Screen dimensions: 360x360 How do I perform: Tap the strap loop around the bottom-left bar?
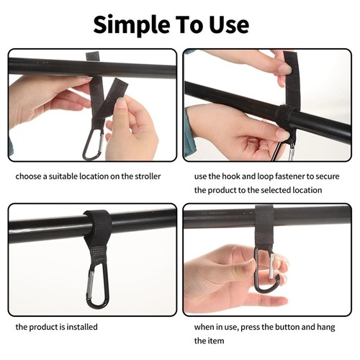(x=96, y=222)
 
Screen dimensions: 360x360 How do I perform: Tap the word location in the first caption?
(x=99, y=176)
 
